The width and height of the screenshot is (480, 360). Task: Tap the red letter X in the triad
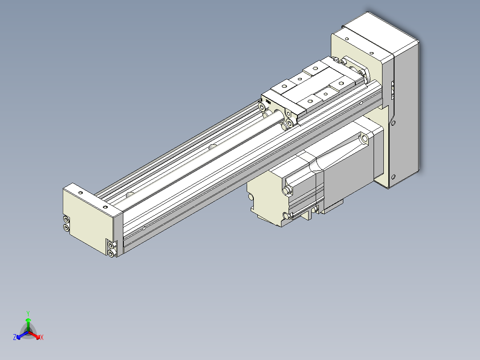pos(42,337)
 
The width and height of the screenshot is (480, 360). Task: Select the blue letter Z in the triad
pos(15,337)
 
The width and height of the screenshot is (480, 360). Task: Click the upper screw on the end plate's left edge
pos(66,219)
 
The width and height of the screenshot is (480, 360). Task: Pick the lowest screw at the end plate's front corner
pos(111,253)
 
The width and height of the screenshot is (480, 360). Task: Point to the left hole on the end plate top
pos(81,193)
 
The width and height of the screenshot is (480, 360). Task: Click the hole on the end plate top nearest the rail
pos(105,207)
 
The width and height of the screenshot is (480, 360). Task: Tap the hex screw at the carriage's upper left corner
pos(262,107)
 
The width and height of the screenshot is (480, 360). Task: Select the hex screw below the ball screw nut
pos(289,123)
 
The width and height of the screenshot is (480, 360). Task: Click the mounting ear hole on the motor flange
pos(365,139)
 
